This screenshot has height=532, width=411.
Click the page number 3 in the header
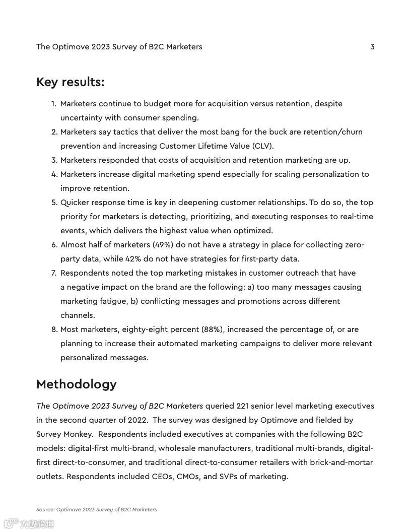coord(372,47)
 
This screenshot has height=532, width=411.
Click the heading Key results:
coord(70,82)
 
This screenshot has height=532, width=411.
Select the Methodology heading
coord(76,384)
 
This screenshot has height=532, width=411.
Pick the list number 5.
coord(54,203)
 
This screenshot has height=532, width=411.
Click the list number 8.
coord(54,329)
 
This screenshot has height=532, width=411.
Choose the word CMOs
coord(188,477)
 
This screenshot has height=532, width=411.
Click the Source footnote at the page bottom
coord(96,509)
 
